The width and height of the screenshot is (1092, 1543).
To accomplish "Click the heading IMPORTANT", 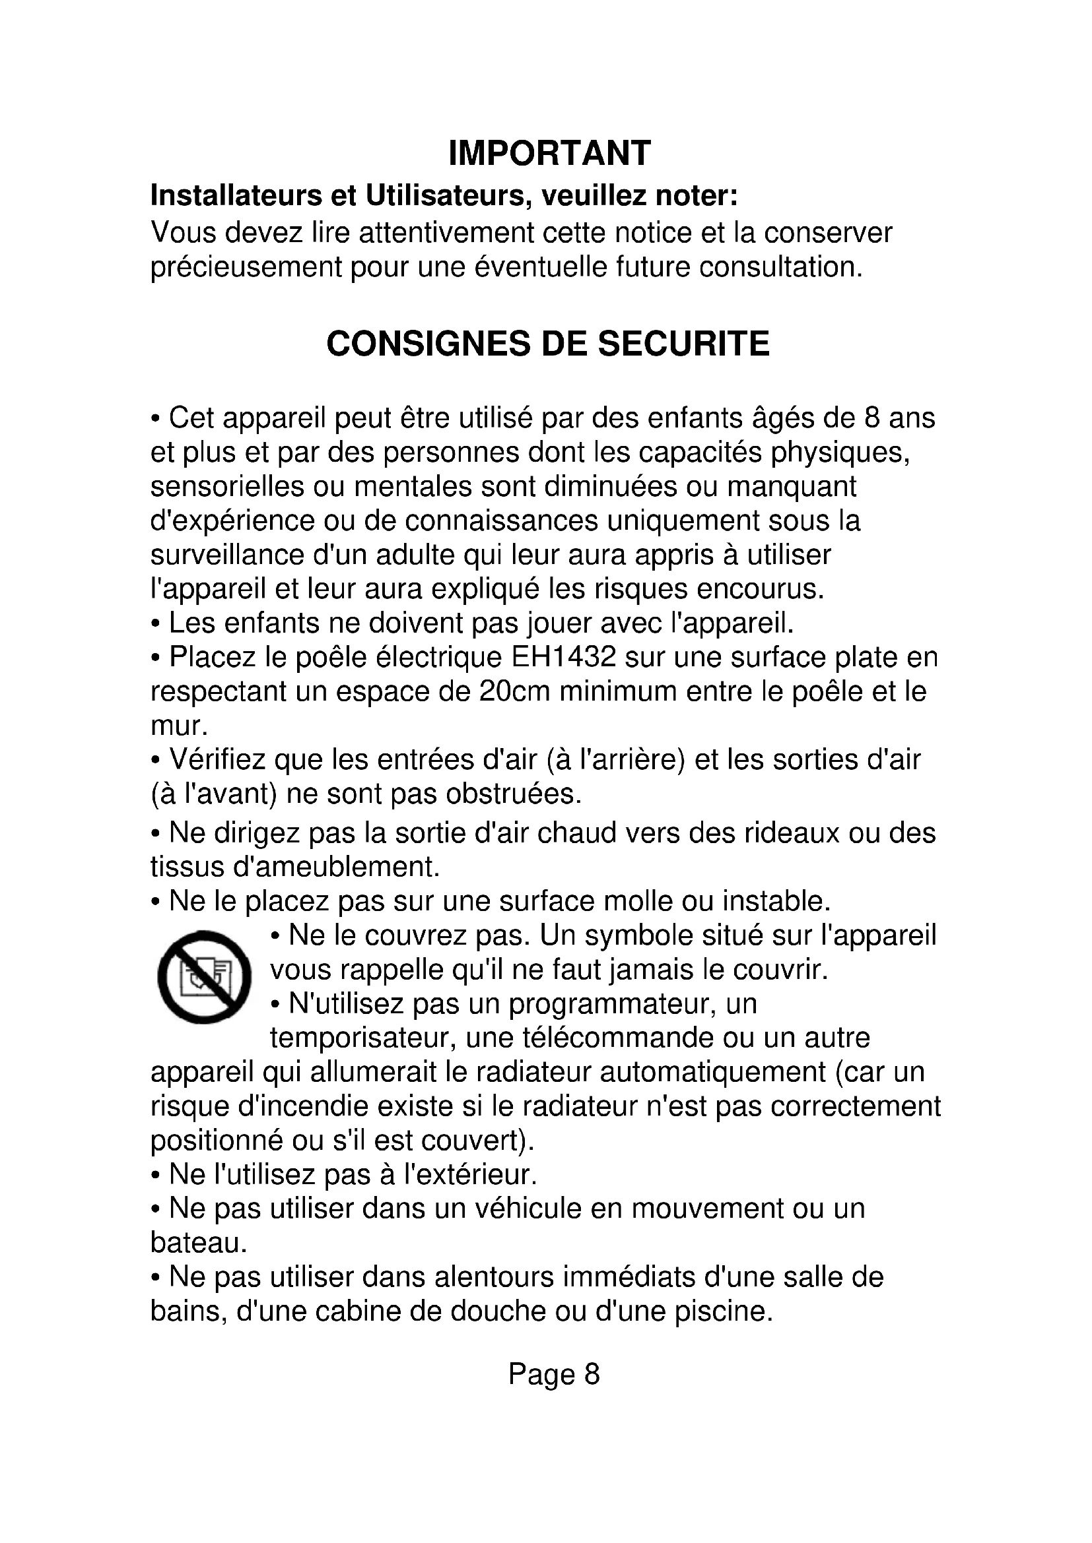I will click(x=549, y=153).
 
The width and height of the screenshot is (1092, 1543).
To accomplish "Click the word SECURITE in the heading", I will click(x=683, y=344).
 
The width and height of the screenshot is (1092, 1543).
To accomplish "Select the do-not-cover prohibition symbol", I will click(x=204, y=977).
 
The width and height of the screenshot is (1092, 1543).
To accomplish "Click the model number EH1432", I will click(x=563, y=657).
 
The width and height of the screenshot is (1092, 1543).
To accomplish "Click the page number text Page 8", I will click(x=553, y=1374).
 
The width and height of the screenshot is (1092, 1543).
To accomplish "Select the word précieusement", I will click(x=246, y=267).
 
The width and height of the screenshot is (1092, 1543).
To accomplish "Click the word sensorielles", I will click(x=227, y=487).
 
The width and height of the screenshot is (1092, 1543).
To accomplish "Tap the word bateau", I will click(x=198, y=1244).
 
